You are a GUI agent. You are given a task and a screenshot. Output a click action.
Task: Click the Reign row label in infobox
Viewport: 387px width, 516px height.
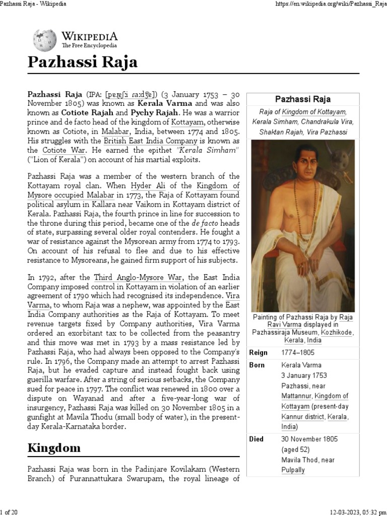pyautogui.click(x=259, y=353)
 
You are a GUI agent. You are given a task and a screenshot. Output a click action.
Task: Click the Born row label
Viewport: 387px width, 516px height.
pyautogui.click(x=257, y=365)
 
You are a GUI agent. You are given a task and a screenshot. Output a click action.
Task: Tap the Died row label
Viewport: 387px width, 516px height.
pyautogui.click(x=256, y=439)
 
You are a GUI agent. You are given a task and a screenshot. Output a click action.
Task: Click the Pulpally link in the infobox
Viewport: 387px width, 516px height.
pyautogui.click(x=294, y=470)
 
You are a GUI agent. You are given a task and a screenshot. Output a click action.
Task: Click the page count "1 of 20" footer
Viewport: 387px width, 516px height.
pyautogui.click(x=10, y=512)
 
